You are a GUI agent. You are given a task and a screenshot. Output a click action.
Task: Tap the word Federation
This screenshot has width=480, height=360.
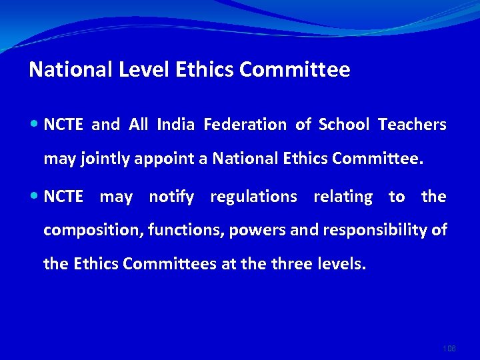click(245, 125)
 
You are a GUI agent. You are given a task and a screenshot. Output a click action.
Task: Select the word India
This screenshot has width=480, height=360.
click(176, 125)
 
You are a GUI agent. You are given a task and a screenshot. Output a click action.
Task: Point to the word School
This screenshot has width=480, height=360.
click(344, 125)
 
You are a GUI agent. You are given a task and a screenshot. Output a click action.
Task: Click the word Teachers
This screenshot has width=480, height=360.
click(412, 125)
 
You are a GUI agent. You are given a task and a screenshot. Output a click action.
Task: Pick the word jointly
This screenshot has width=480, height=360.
click(107, 159)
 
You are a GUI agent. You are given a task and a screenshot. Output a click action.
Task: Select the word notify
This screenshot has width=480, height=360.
click(171, 197)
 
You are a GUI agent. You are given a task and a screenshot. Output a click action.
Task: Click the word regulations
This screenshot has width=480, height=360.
click(253, 197)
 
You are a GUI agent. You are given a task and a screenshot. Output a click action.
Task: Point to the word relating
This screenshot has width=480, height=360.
click(343, 197)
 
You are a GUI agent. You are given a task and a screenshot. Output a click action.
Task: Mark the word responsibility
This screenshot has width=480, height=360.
click(376, 231)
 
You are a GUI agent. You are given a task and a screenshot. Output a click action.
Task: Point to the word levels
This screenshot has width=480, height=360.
click(341, 264)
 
